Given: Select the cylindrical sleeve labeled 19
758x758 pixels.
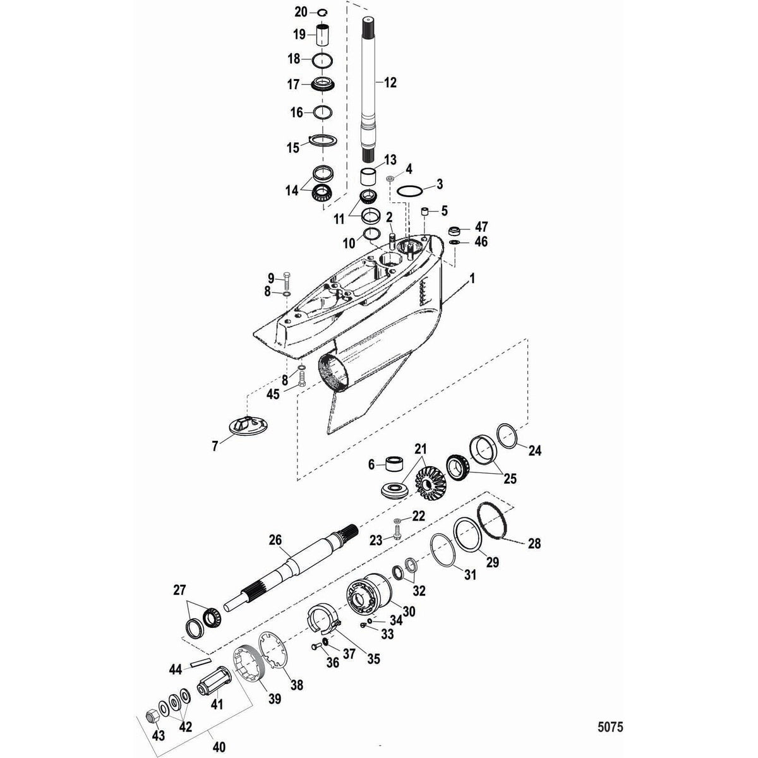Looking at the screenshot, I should click(323, 33).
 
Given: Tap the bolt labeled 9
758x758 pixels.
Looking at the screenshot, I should click(289, 277).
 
